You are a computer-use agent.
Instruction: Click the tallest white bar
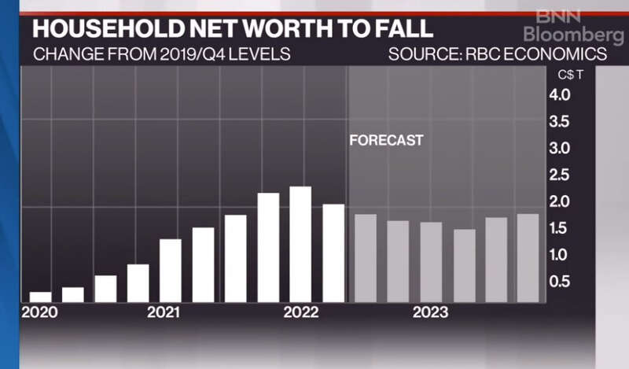point(300,244)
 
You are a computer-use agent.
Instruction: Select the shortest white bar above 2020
point(41,297)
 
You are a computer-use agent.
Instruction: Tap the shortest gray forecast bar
point(464,265)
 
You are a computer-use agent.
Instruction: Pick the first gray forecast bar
point(366,258)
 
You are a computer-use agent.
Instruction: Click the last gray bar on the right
point(528,258)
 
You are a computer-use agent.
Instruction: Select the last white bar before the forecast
point(333,253)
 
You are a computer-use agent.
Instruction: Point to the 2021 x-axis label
point(164,312)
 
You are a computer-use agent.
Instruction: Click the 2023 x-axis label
point(430,312)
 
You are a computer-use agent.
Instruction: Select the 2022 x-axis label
point(300,312)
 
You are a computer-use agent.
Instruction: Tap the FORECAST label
point(386,141)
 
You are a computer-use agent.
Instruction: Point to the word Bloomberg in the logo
point(574,35)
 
